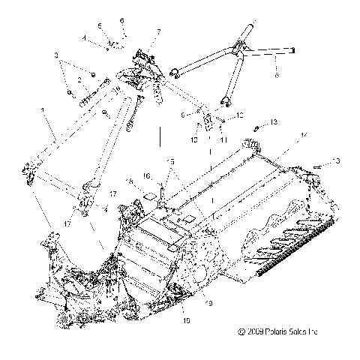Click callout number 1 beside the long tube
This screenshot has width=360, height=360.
click(x=43, y=110)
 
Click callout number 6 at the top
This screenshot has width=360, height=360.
click(x=123, y=19)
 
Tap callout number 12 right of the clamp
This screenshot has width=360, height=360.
click(x=241, y=115)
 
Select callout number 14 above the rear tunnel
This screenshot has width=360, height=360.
click(x=302, y=135)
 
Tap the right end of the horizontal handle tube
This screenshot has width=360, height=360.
click(x=292, y=51)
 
